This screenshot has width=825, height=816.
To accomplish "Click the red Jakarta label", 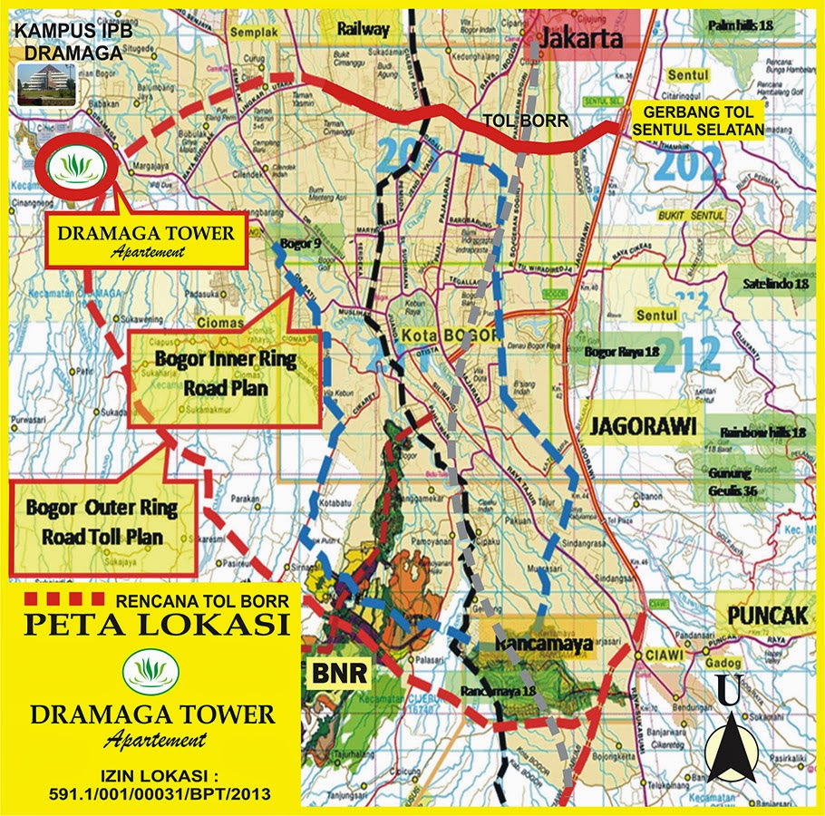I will pyautogui.click(x=583, y=39).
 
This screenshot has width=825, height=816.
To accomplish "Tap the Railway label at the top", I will pyautogui.click(x=363, y=29).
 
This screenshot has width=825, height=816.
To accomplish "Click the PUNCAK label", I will pyautogui.click(x=766, y=615).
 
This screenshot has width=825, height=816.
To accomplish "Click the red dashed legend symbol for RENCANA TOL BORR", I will pyautogui.click(x=63, y=598).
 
